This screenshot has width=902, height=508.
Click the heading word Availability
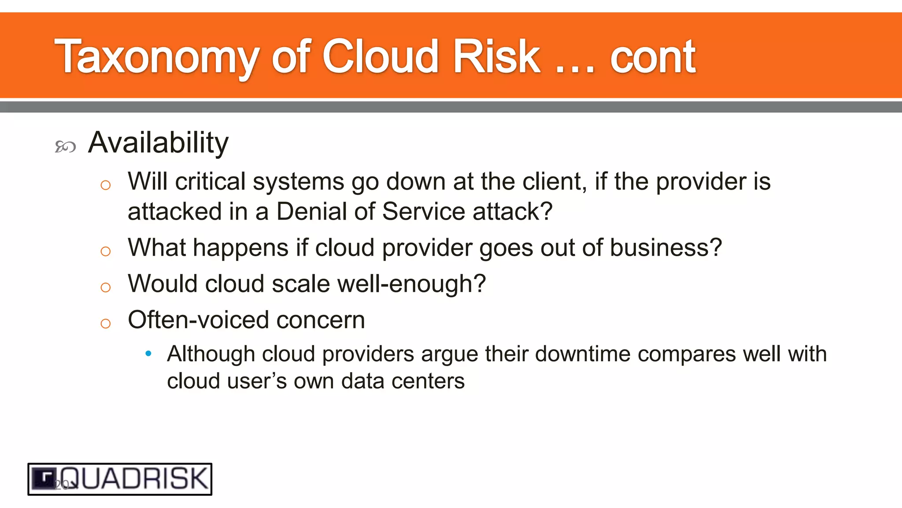coord(158,143)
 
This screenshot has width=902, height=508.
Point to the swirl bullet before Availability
coord(65,146)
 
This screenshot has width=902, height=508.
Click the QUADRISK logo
coord(120,479)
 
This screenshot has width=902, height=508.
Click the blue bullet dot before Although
coord(148,353)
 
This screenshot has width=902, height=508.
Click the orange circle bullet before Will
coord(105,185)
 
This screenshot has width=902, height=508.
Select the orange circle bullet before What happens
coord(105,251)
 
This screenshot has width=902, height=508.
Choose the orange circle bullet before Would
coord(105,288)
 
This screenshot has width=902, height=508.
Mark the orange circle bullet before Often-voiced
coord(105,324)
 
